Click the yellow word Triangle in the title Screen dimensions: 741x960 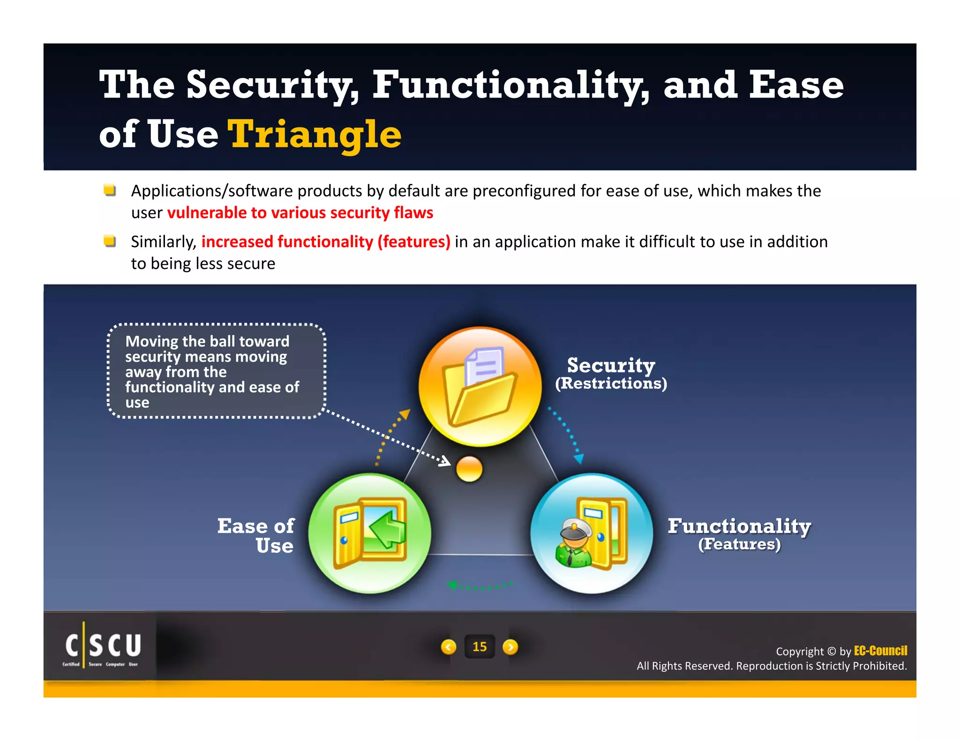pos(314,134)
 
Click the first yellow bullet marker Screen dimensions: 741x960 pos(110,190)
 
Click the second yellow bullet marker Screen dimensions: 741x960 pos(110,241)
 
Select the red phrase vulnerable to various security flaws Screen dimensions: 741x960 pos(300,213)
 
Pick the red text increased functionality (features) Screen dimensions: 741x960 pos(325,242)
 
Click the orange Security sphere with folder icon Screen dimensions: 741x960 pos(480,386)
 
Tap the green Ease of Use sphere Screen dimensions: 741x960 pos(369,533)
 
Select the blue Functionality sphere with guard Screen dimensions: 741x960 pos(592,533)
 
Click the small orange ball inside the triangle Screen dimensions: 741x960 pos(469,469)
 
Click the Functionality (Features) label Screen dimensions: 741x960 pos(739,534)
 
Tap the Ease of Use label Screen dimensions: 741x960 pos(257,535)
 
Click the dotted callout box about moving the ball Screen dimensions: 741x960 pos(216,370)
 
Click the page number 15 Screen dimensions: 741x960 pos(479,647)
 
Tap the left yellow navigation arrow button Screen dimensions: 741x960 pos(449,647)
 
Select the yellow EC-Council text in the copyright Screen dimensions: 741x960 pos(880,651)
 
